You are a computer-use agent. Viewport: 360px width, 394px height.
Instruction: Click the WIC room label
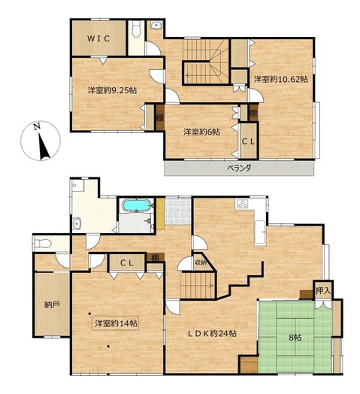pos(98,38)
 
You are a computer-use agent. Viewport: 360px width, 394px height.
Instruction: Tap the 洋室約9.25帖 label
pos(112,90)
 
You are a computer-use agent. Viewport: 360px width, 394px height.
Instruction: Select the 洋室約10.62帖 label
pos(280,79)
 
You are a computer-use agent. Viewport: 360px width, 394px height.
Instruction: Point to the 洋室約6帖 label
pos(201,132)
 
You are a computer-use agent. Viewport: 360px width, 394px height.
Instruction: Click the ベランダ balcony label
pos(239,168)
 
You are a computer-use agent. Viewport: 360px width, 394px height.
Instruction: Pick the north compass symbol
pos(41,141)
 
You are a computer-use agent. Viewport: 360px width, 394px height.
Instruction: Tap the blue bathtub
pos(136,205)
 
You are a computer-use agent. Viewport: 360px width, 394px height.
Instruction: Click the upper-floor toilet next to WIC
pos(136,29)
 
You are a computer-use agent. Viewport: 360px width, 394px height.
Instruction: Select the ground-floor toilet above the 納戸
pos(43,243)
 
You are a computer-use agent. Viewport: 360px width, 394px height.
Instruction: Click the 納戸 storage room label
pos(52,305)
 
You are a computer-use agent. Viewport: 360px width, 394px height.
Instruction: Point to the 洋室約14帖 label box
pos(116,323)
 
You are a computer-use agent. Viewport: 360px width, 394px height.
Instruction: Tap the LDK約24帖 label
pos(212,334)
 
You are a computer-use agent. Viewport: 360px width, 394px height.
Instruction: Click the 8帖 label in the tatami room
pos(295,338)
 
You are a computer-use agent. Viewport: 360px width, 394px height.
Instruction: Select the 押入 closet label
pos(323,291)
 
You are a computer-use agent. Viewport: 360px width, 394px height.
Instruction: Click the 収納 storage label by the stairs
pos(200,263)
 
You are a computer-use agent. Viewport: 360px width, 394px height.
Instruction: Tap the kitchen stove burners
pos(243,204)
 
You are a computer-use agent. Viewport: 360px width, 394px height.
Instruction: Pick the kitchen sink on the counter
pos(260,233)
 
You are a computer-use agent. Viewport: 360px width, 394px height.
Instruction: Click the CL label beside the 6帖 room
pos(248,142)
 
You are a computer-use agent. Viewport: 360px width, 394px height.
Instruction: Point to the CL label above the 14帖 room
pos(126,263)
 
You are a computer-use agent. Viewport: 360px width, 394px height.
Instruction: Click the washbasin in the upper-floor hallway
pos(157,25)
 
